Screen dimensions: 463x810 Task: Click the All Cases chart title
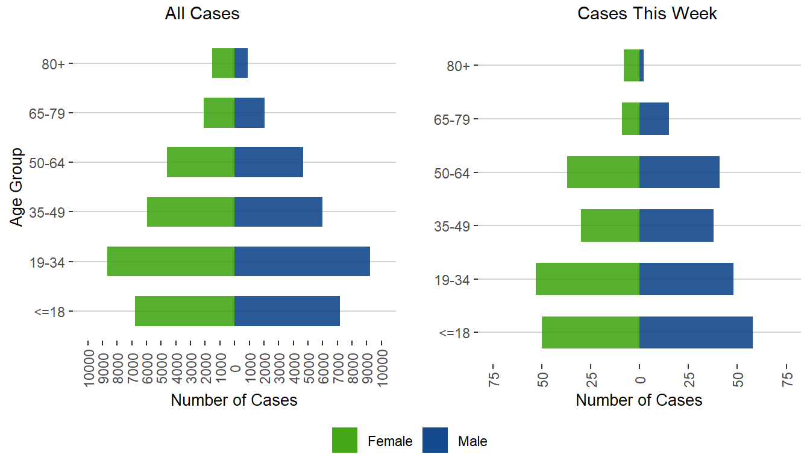tap(202, 14)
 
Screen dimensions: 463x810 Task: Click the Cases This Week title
tap(647, 14)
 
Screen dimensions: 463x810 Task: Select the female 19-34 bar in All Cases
tap(171, 262)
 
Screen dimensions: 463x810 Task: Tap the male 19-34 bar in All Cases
tap(302, 262)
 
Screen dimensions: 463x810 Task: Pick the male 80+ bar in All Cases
tap(241, 63)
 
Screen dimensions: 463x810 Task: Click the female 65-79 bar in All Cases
tap(219, 113)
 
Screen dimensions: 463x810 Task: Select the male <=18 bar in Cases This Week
tap(695, 332)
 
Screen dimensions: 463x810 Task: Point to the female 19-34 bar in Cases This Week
tap(588, 279)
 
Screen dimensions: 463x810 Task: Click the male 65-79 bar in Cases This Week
tap(654, 119)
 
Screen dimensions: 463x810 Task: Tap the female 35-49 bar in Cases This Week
tap(610, 225)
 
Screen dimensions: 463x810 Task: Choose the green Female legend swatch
tap(345, 440)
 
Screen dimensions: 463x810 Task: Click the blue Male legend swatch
tap(435, 440)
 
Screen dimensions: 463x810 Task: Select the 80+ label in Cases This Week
tap(459, 66)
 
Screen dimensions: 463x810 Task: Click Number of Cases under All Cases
tap(234, 400)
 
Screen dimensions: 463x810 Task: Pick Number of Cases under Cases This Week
tap(639, 400)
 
